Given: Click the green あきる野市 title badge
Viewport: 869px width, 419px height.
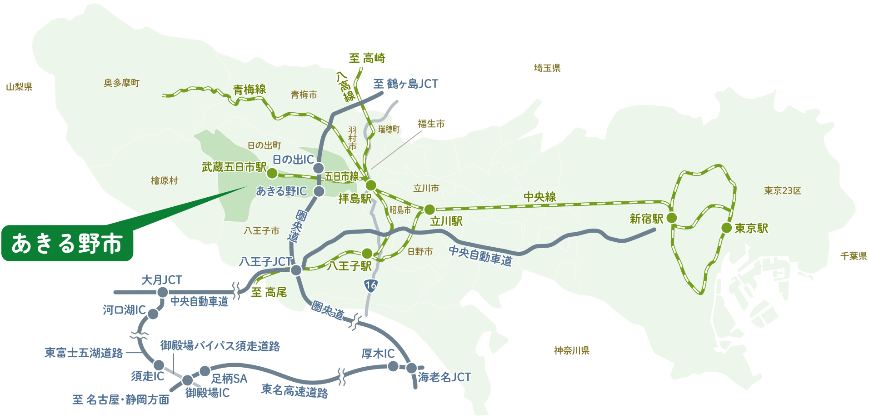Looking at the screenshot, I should point(67,243).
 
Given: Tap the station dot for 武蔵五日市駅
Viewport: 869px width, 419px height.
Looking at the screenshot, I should point(272,173).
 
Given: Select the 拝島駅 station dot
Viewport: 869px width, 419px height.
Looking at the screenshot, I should point(371,185).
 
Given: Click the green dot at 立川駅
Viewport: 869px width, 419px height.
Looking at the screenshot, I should point(429,209).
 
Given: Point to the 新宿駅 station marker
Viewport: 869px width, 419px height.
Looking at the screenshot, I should point(672,218).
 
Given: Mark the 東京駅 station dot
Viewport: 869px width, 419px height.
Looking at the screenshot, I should point(726,228).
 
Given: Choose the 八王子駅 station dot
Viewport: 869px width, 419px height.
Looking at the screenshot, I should point(367,253).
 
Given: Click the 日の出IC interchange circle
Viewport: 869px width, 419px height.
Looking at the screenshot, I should point(319,168).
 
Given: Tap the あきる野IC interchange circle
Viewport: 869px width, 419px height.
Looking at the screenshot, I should point(319,191).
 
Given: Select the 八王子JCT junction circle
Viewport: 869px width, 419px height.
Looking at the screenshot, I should point(296,270).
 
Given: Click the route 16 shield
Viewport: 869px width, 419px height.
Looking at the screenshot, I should point(371,285).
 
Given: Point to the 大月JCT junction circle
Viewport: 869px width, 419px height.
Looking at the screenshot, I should point(162,292).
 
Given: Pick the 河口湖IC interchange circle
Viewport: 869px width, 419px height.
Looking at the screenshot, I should point(153,314).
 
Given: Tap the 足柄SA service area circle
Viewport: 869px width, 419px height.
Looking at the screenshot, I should point(205,371).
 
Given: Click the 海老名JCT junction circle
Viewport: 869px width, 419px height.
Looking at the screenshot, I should point(411,368).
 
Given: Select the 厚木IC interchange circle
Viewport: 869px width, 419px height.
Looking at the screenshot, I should point(393,366).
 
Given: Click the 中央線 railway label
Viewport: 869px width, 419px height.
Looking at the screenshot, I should point(540,197).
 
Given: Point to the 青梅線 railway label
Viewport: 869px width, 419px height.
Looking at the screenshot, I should point(250,90).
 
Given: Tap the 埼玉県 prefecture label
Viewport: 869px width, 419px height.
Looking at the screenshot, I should point(547,68).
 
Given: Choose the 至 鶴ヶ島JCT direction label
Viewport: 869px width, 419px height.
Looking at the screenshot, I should point(405,84).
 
